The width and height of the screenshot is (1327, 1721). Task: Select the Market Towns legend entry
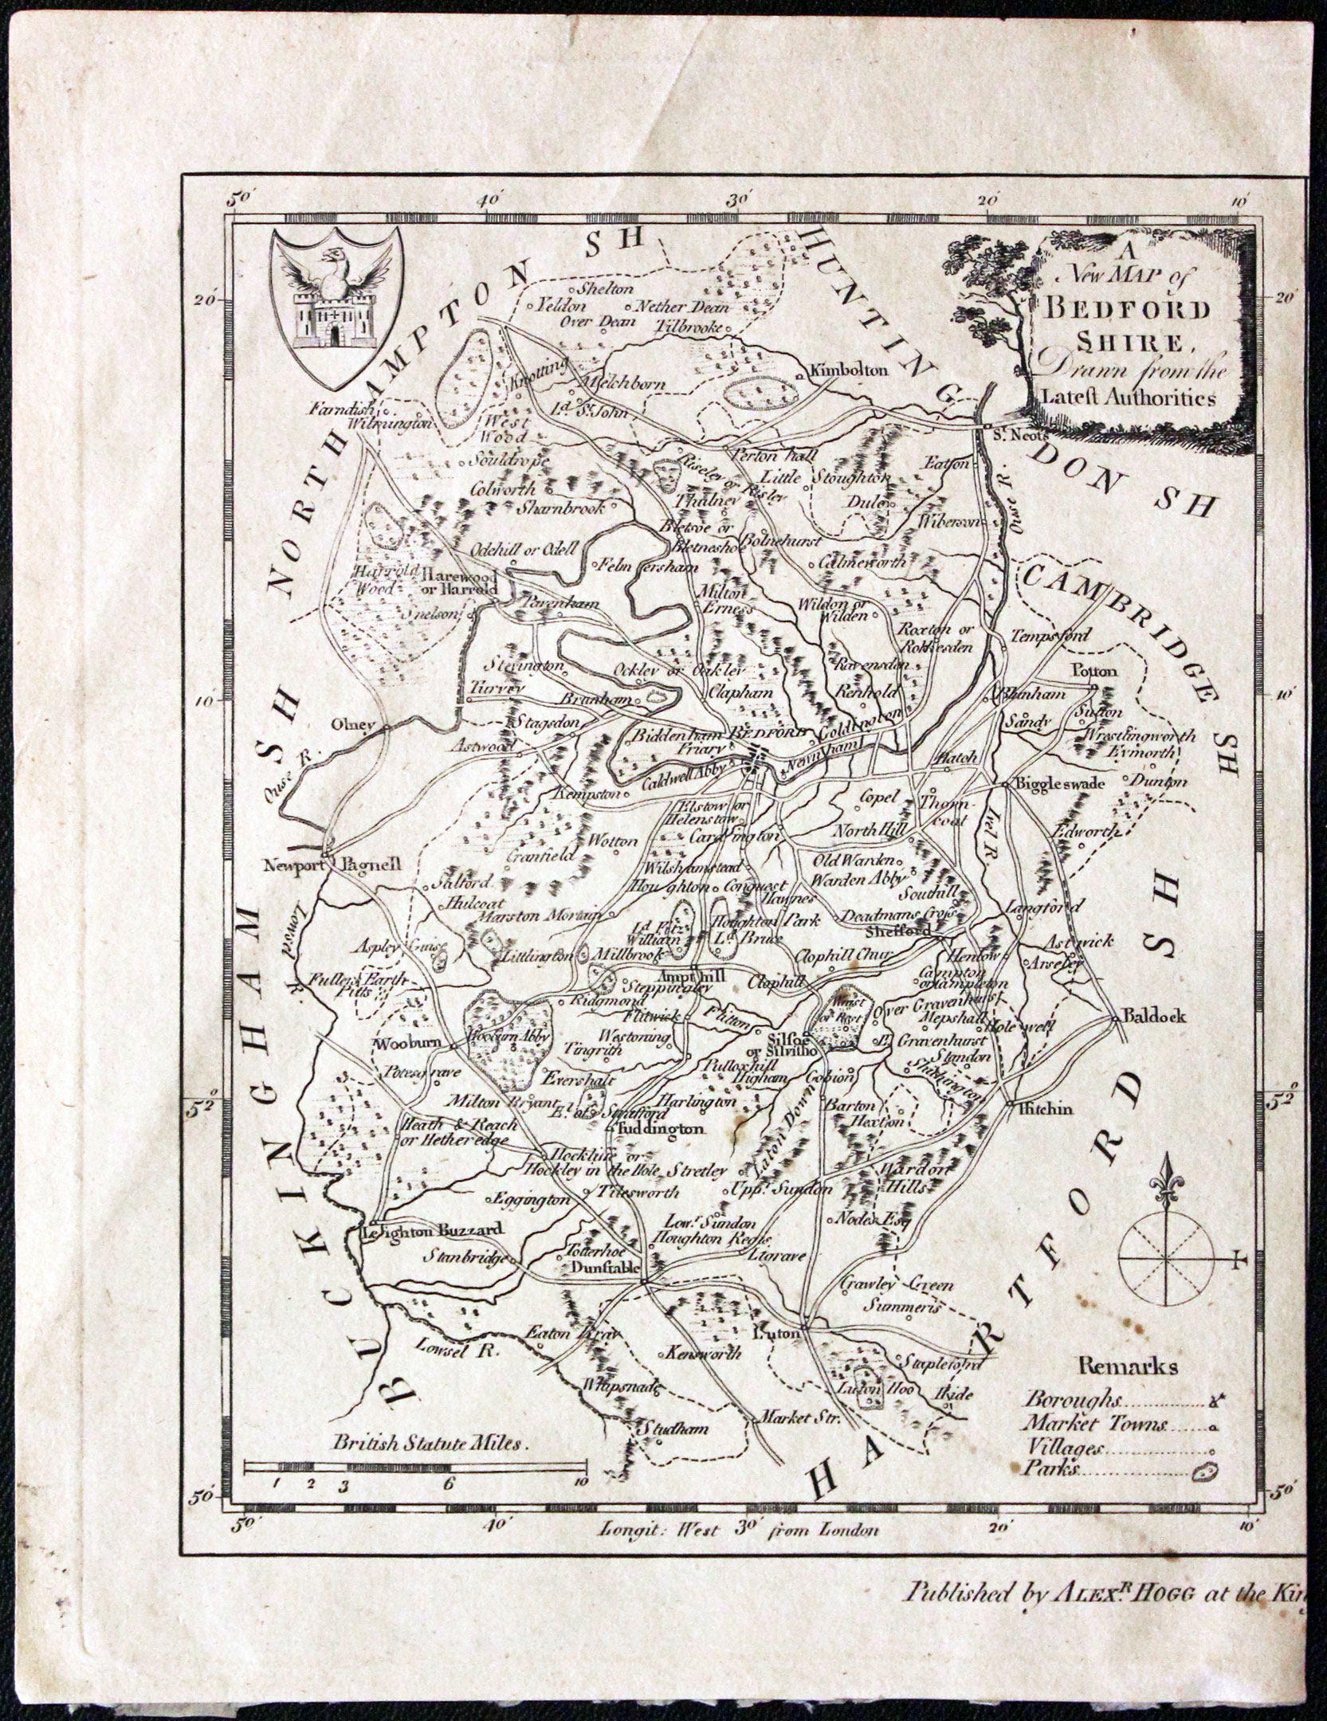tap(1097, 1424)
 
